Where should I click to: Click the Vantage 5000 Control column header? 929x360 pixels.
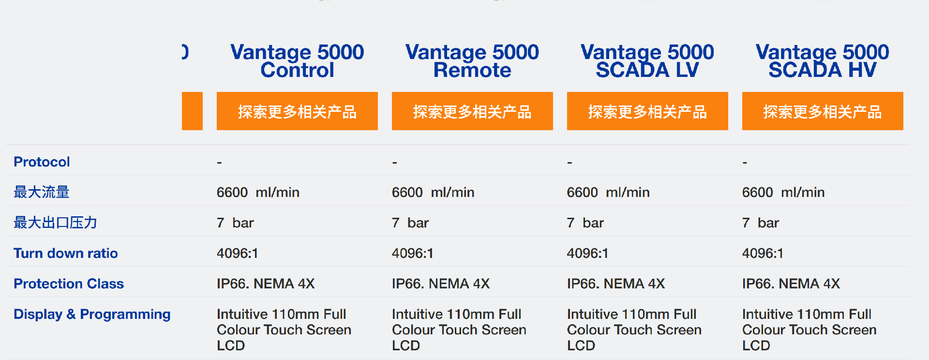(x=297, y=61)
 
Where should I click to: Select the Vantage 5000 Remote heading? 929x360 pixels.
(x=472, y=61)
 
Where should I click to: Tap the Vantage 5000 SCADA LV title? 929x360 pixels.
(x=647, y=61)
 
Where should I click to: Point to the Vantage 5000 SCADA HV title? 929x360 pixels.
(x=823, y=61)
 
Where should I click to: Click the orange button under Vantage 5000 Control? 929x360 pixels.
(x=297, y=111)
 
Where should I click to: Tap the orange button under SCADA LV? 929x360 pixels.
(x=647, y=111)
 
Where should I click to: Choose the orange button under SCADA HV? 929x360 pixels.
(x=823, y=111)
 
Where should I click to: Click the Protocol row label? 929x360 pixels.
(x=42, y=162)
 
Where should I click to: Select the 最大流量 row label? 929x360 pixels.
(x=42, y=192)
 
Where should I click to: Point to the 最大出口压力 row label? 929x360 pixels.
(x=56, y=223)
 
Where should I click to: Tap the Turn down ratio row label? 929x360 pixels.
(x=66, y=253)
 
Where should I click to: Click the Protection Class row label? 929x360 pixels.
(x=69, y=284)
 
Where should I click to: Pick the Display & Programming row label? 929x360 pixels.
(x=92, y=315)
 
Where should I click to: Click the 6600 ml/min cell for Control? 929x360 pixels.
(x=258, y=193)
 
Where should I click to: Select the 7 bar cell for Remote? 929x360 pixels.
(x=410, y=223)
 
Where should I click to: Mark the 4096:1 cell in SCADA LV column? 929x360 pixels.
(x=587, y=253)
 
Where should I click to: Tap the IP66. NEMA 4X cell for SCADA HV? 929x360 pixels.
(x=791, y=284)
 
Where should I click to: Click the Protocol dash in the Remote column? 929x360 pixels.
(x=395, y=163)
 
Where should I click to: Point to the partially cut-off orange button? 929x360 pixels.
(x=192, y=111)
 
